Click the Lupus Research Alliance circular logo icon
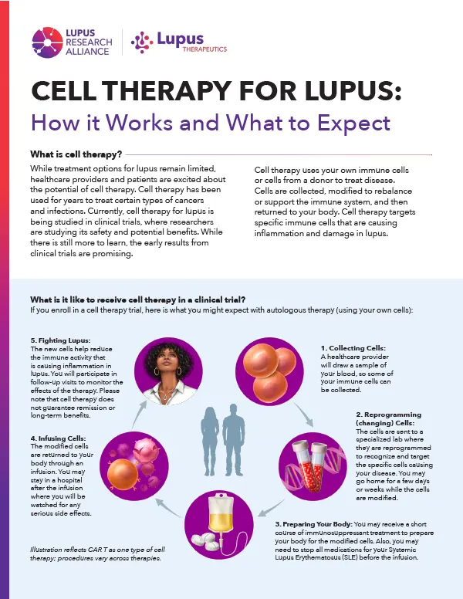tap(47, 42)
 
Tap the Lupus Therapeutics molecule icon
tap(142, 42)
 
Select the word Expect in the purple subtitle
tap(353, 123)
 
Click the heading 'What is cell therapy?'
tap(76, 154)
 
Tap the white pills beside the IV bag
tap(204, 539)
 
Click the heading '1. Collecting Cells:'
tap(353, 348)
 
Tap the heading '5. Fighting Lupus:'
tap(60, 340)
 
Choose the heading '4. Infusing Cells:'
tap(58, 438)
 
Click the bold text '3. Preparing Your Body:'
tap(313, 524)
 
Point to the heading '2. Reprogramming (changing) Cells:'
tap(388, 418)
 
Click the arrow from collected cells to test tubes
tap(304, 415)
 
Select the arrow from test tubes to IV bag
tap(271, 508)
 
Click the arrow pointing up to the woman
tap(138, 415)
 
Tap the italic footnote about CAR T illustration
tap(98, 554)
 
